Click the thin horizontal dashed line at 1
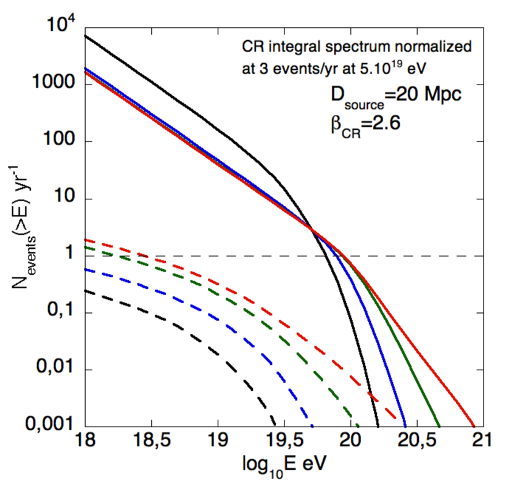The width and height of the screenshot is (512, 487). coord(432,256)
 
